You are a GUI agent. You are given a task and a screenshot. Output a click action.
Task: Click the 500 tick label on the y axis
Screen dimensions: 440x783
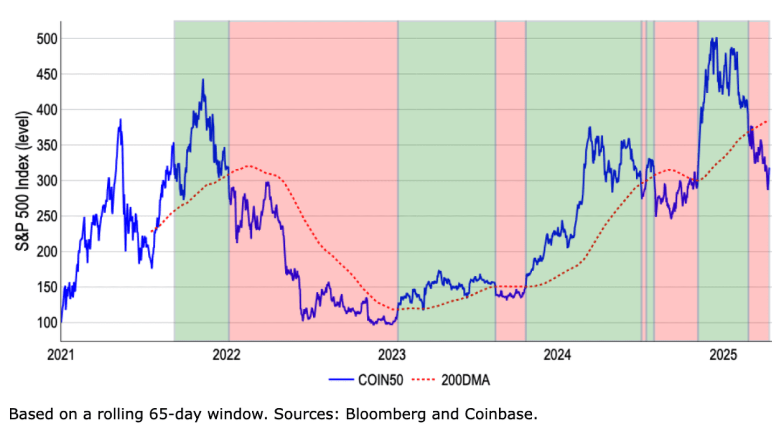point(47,39)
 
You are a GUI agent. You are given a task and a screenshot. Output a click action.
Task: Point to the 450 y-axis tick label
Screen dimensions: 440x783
point(47,74)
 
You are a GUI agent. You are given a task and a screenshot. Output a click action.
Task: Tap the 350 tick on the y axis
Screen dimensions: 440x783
point(47,145)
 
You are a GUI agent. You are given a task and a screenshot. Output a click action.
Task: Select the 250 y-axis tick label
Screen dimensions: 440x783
point(47,216)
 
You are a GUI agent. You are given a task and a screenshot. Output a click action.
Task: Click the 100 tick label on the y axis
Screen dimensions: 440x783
point(47,323)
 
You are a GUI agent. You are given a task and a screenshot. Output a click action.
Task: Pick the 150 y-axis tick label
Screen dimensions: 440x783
point(47,287)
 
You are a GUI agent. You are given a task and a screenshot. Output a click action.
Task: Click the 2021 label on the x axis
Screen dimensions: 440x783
point(61,355)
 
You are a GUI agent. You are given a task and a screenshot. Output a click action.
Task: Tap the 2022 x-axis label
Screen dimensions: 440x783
point(227,355)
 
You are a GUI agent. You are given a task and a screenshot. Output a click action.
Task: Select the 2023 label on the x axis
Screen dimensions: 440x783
point(392,355)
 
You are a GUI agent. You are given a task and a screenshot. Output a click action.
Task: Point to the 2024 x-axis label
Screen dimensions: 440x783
point(557,355)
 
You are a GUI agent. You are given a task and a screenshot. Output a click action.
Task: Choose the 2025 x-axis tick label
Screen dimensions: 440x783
point(723,355)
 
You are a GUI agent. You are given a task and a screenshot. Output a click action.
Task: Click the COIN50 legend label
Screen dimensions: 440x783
point(380,380)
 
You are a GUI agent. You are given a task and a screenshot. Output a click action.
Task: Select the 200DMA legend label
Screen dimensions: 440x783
point(466,380)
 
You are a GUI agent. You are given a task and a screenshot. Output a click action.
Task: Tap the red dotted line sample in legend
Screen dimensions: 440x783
point(423,380)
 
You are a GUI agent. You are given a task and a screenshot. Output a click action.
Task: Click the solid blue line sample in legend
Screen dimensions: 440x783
point(341,380)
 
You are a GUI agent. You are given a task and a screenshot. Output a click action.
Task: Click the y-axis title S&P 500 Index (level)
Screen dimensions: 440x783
point(22,181)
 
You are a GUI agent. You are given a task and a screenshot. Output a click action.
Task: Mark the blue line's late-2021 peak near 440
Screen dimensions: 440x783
point(203,80)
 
